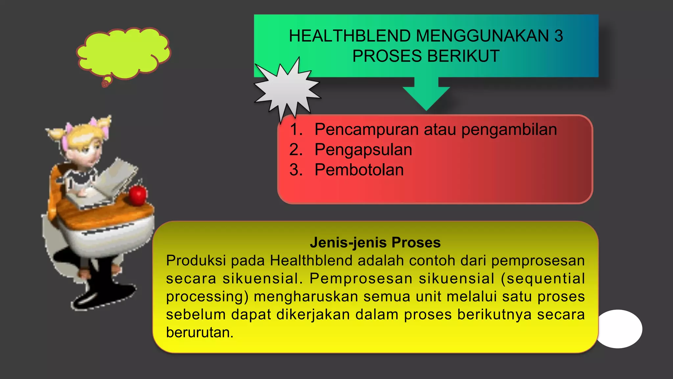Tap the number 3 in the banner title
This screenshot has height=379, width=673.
[x=559, y=36]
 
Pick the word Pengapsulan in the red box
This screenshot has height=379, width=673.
[x=363, y=150]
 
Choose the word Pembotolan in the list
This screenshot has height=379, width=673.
[x=359, y=170]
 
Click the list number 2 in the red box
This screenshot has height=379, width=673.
[x=295, y=150]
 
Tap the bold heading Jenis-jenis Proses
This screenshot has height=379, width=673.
[x=375, y=242]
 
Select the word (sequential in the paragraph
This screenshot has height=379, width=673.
[x=543, y=279]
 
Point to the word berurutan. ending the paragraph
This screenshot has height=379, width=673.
[x=199, y=333]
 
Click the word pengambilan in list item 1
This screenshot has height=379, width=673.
[x=509, y=129]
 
